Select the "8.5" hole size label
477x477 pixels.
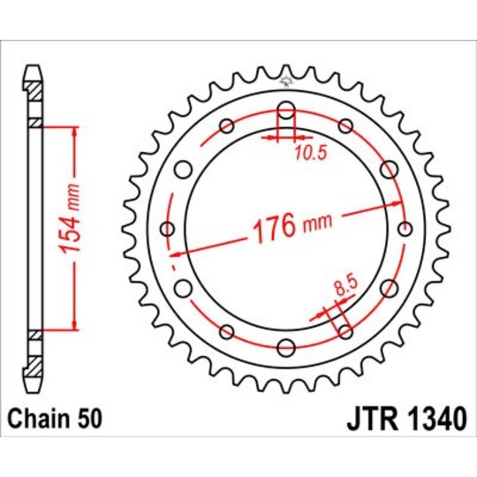tap(346, 287)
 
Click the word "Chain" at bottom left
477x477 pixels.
tap(36, 415)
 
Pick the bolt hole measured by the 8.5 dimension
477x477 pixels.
tap(345, 331)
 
